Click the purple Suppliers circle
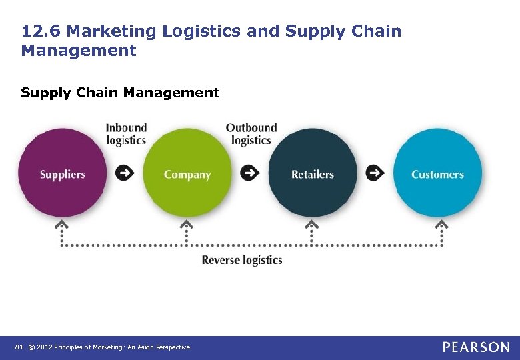point(62,173)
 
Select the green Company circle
point(187,173)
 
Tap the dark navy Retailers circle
point(312,173)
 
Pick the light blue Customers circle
point(437,173)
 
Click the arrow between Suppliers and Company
point(125,173)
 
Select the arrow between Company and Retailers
point(250,173)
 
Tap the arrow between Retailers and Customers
point(375,173)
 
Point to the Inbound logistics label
point(126,133)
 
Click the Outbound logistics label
point(251,133)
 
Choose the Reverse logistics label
point(242,260)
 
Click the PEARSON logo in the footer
point(476,347)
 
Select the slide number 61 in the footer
point(19,347)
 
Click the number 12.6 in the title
point(41,31)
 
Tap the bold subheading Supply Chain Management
point(120,93)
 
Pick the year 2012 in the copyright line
point(45,347)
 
